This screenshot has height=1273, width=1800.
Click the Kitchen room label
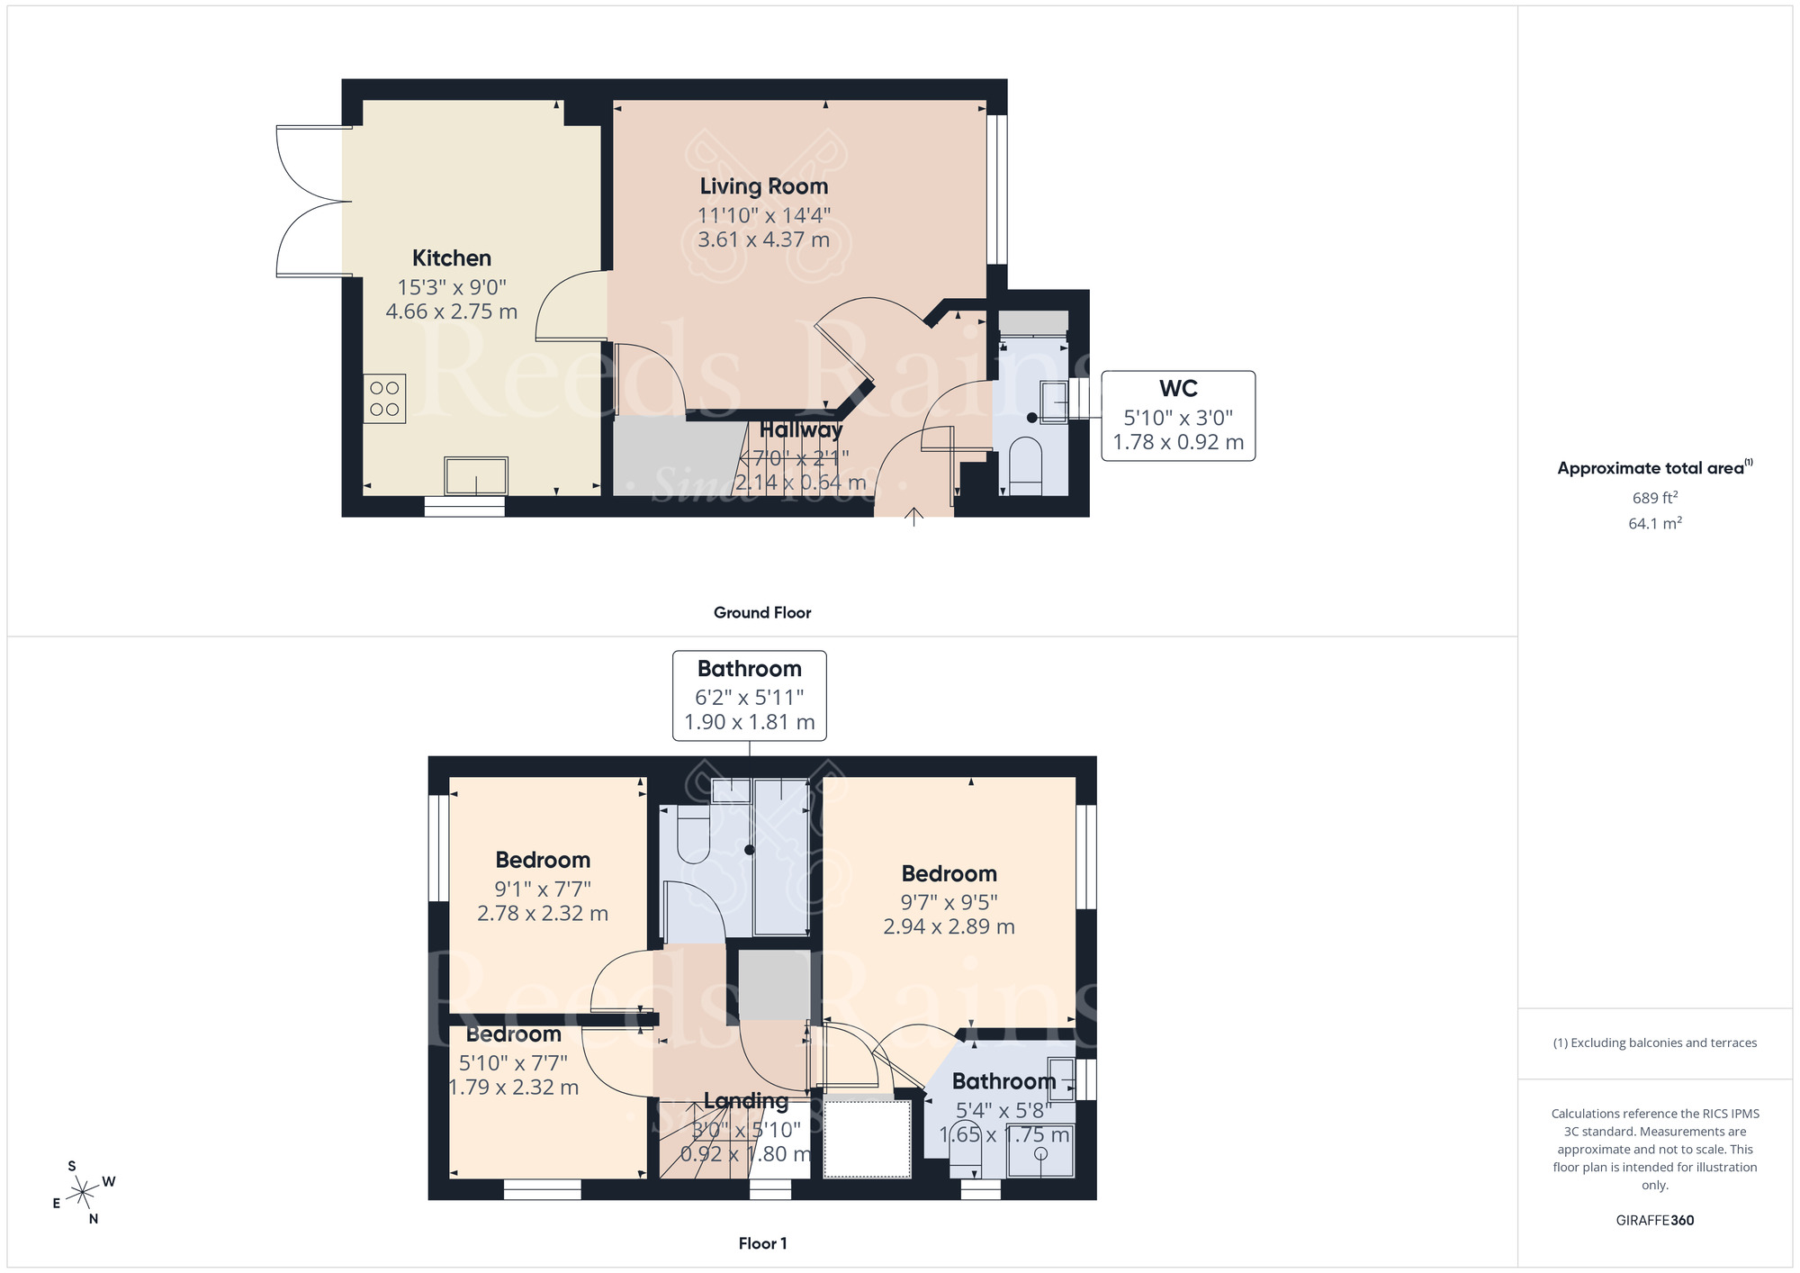451,258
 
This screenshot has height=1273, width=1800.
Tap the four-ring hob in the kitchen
384,399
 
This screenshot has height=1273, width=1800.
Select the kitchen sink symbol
475,476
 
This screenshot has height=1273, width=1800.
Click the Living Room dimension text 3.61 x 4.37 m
763,240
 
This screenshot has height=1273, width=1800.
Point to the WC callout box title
1177,389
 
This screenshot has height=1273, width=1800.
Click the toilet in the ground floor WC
1025,465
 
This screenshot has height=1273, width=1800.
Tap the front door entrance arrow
913,516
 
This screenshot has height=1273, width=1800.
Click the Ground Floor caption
761,613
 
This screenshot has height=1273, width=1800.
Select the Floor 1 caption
762,1243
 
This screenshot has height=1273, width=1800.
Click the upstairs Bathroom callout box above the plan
749,695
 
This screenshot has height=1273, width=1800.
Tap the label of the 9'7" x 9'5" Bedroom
949,874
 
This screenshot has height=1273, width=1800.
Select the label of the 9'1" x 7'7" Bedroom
543,861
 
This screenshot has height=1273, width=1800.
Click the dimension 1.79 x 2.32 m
513,1088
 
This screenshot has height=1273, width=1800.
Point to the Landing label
745,1101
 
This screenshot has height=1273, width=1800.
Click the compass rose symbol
83,1193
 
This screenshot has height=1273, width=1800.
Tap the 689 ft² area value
1654,498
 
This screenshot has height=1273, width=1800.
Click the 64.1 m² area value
1654,523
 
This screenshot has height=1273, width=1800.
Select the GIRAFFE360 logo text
1654,1221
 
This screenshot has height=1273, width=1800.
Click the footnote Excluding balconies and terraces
1654,1043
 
